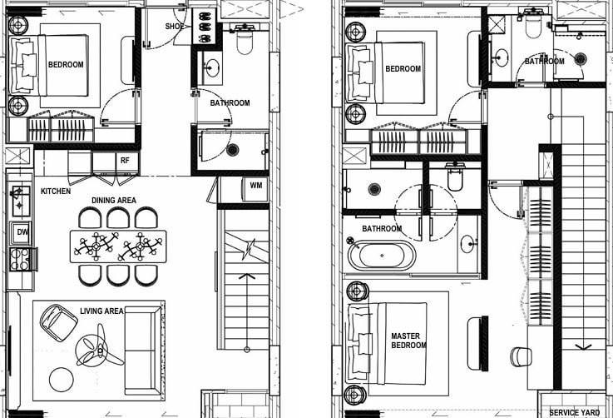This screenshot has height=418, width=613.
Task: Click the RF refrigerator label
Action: click(x=125, y=161)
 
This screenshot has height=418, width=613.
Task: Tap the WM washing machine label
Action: click(x=256, y=185)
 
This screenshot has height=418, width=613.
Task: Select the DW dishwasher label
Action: click(x=22, y=232)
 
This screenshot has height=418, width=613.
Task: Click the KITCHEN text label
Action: click(x=56, y=191)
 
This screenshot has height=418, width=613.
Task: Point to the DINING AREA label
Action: click(x=114, y=201)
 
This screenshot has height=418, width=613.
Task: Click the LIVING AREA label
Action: click(x=101, y=311)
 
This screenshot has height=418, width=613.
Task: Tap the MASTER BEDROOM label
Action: click(x=408, y=341)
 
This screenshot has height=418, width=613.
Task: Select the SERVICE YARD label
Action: click(x=574, y=412)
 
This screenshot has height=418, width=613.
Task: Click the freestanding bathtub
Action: click(x=382, y=256)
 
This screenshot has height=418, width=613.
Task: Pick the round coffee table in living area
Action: click(x=62, y=380)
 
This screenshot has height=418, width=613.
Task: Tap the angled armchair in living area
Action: click(x=59, y=322)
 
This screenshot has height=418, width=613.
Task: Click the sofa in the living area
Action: click(x=143, y=350)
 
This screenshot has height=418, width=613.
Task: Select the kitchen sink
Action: click(x=20, y=201)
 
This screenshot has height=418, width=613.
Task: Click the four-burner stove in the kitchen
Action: click(x=20, y=259)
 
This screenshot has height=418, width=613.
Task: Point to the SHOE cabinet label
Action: click(x=175, y=27)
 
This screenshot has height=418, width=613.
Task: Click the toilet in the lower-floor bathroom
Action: click(x=245, y=39)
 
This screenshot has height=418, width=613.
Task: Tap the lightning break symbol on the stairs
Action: click(x=249, y=249)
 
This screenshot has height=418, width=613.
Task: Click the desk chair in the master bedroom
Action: click(x=522, y=356)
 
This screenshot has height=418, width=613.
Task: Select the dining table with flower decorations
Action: click(x=118, y=246)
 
